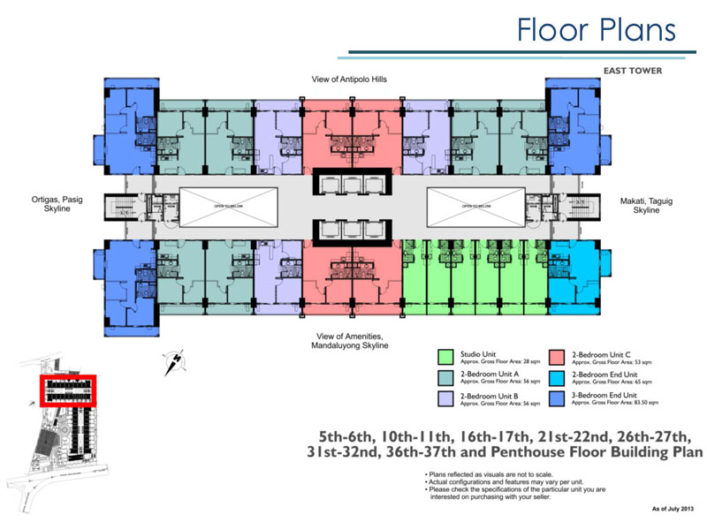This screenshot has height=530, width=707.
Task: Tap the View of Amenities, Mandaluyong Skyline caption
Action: [350, 341]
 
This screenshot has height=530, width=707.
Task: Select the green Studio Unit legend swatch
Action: [447, 357]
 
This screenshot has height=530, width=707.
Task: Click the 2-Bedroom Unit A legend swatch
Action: [447, 377]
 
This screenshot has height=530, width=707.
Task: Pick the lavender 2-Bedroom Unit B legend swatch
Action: [447, 397]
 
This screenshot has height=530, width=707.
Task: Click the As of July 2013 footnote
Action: [668, 510]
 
